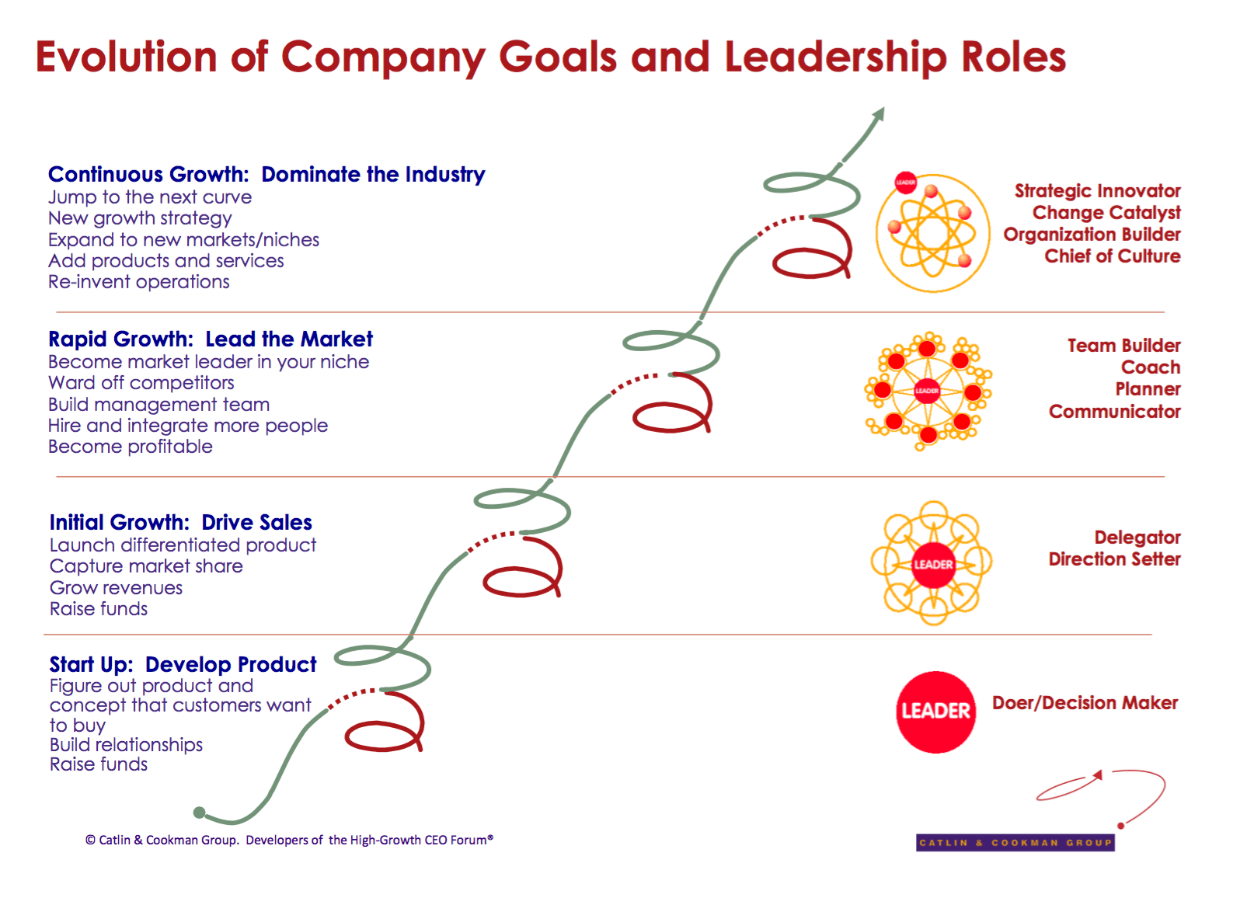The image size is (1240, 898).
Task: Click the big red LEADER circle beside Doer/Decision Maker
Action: click(935, 712)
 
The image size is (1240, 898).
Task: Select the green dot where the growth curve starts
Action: click(200, 813)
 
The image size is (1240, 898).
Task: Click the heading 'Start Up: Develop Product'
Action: click(183, 665)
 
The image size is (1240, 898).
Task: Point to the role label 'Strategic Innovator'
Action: click(1097, 191)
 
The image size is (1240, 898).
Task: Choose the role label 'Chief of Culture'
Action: click(1112, 256)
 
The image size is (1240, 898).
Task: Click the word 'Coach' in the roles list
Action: click(1151, 367)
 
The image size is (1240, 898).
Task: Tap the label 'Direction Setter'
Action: click(1114, 559)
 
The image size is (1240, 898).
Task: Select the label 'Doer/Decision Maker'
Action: click(1085, 703)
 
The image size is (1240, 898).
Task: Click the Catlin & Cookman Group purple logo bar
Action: click(1015, 843)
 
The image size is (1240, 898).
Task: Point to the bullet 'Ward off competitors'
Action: click(141, 383)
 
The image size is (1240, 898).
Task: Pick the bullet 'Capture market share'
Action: click(146, 566)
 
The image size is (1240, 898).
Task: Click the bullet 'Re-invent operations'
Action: click(139, 282)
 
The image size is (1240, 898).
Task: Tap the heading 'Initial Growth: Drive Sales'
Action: click(180, 523)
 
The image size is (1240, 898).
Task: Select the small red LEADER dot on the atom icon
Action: click(906, 183)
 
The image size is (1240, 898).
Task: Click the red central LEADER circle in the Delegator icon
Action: click(932, 565)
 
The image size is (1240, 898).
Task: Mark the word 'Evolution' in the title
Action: click(126, 57)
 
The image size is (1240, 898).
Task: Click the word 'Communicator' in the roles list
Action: click(1114, 412)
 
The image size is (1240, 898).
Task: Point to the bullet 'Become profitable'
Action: click(131, 447)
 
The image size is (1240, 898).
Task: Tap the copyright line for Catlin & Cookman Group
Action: click(289, 840)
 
